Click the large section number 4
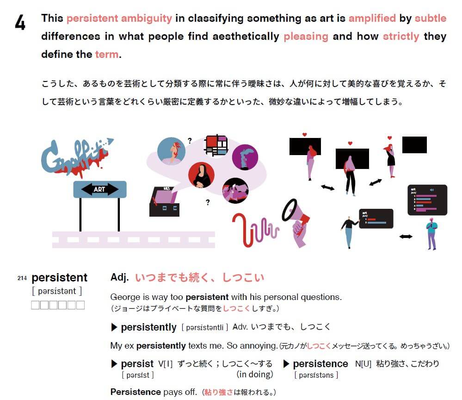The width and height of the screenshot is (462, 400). coord(20,23)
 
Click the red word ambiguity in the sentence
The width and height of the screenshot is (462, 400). coord(147,19)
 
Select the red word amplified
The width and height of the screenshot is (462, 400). coord(372,19)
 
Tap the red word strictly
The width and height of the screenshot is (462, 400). coord(400,37)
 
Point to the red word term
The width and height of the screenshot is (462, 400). coord(107,54)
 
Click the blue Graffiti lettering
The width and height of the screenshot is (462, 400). coord(75,156)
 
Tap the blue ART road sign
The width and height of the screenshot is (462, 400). coord(100,189)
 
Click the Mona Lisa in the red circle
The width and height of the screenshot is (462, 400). coord(201,175)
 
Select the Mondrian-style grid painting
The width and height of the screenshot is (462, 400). coord(216,145)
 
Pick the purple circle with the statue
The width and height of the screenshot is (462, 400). coord(245,157)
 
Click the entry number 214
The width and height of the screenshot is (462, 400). coord(22,278)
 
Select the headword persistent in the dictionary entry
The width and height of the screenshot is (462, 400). coord(60,278)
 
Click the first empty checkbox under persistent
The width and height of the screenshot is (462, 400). coord(35,305)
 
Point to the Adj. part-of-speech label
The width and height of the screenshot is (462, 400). coord(119,277)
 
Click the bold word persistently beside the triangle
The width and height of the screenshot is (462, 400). coord(148,327)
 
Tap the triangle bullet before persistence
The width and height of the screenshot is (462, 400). coord(286,364)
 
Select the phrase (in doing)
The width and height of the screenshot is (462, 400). coord(255,375)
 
